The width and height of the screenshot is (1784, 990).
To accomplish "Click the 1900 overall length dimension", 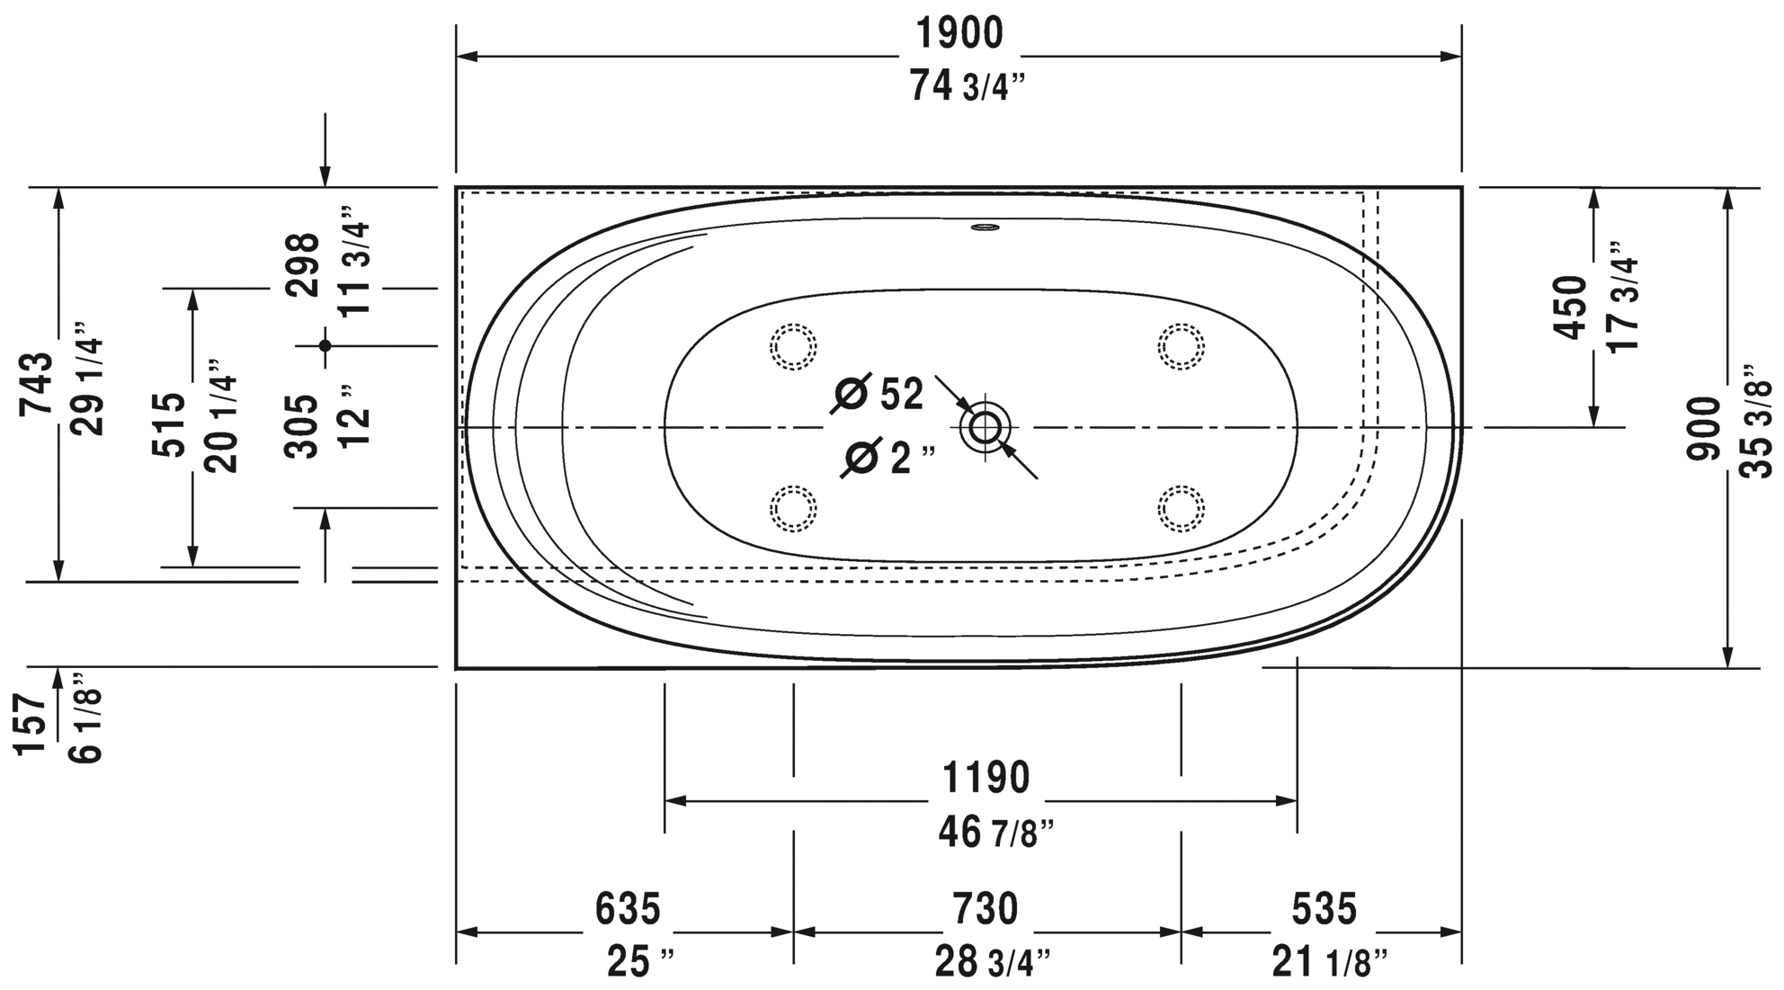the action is (959, 34).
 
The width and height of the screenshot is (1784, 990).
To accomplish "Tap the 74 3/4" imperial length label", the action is (968, 86).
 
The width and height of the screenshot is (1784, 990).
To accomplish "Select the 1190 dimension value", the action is (985, 779).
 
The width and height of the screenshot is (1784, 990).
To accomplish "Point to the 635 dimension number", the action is (628, 909).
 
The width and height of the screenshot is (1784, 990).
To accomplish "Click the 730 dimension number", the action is (986, 909).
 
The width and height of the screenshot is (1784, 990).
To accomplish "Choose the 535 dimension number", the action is (1324, 909).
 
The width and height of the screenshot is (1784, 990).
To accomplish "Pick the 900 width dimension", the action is (1703, 429).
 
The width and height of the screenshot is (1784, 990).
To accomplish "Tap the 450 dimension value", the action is (1572, 308).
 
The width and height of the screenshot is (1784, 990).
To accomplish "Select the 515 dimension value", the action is (168, 424).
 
